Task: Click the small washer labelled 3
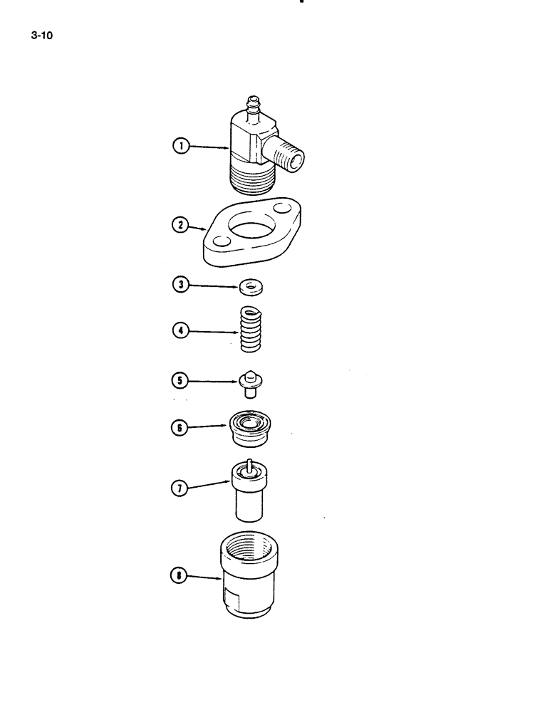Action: (249, 288)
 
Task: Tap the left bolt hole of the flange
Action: (220, 243)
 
